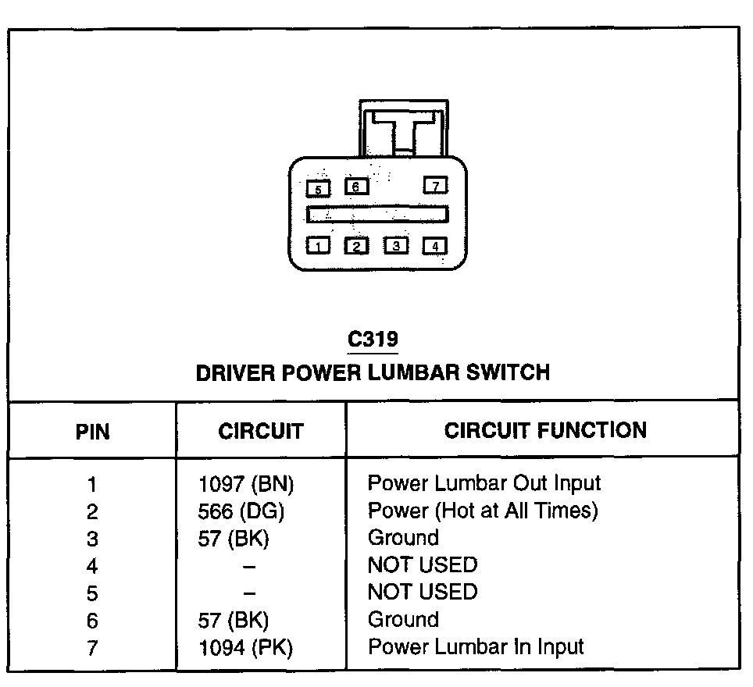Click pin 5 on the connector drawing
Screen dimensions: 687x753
[318, 189]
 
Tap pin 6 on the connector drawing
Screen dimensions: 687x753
[356, 187]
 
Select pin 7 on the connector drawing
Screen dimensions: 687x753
[435, 185]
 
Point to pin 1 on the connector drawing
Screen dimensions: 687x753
[318, 246]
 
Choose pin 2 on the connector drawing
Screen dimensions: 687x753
[356, 246]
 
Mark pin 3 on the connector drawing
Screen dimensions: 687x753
[396, 246]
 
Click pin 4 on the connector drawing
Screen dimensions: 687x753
[435, 246]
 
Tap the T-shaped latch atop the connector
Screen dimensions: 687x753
[404, 129]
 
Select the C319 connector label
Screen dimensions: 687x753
[373, 340]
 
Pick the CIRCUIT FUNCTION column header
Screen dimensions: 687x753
[545, 430]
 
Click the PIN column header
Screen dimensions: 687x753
[92, 432]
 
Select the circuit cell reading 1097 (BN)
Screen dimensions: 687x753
[246, 484]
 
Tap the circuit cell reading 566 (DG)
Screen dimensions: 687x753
[241, 511]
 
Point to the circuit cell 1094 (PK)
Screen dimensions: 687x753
[245, 647]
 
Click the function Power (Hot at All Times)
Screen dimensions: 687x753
[483, 511]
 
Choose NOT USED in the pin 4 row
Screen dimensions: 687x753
[422, 565]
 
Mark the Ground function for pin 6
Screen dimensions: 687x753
[403, 620]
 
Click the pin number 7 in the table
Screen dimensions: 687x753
[92, 648]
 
